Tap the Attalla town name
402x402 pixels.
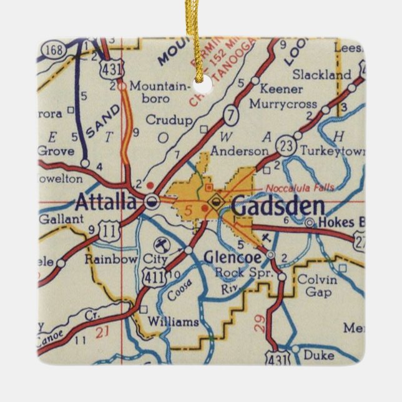[x=105, y=202]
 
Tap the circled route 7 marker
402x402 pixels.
[x=232, y=115]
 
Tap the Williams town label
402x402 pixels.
[x=173, y=322]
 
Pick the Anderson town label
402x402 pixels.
[x=239, y=151]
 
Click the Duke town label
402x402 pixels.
[x=318, y=355]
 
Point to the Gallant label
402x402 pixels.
[x=61, y=219]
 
